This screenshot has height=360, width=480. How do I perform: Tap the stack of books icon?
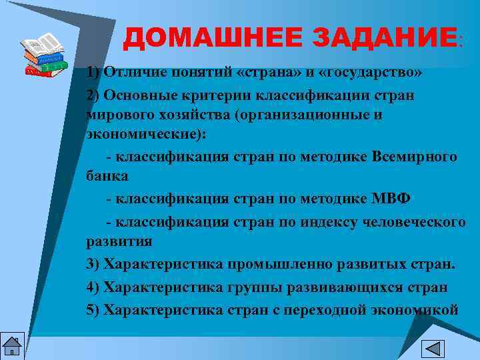pyautogui.click(x=45, y=56)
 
